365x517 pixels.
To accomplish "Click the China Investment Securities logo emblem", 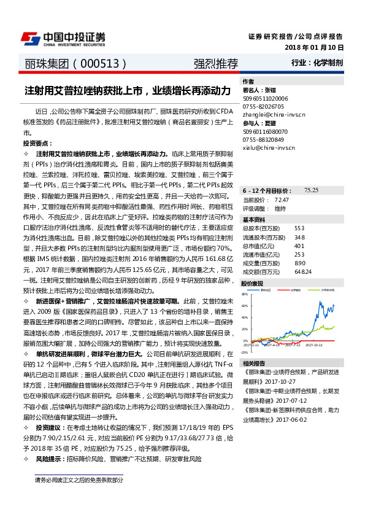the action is click(x=31, y=38).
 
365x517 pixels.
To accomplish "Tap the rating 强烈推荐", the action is click(x=216, y=63).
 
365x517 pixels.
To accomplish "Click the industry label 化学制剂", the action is click(x=328, y=63).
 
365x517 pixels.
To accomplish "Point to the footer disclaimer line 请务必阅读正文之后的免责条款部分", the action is click(x=79, y=479).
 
